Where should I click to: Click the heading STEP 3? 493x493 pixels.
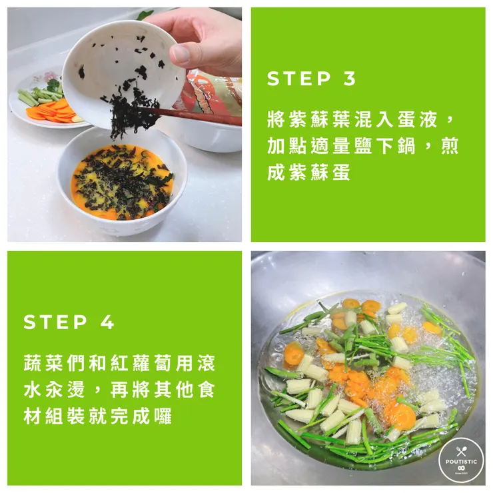click(312, 79)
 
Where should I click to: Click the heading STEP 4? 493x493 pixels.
click(69, 322)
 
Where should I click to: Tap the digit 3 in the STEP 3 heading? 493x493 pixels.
click(350, 79)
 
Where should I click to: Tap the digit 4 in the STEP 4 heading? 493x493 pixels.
click(107, 322)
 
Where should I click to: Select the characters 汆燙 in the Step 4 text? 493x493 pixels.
click(69, 390)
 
